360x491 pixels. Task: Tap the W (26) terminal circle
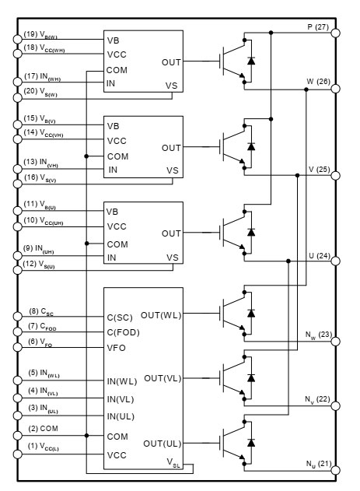point(336,89)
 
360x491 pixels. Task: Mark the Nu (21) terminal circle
point(336,472)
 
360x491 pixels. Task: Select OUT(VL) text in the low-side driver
point(163,377)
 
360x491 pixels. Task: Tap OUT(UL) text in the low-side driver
point(163,443)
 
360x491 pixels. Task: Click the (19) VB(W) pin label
point(40,34)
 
